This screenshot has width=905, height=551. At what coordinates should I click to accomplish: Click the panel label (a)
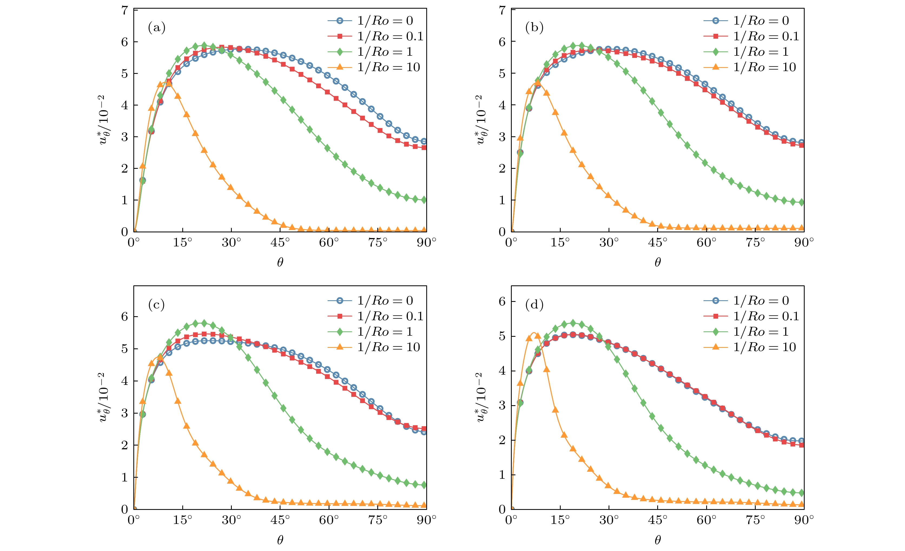click(x=156, y=28)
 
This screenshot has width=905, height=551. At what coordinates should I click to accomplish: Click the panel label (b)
click(x=534, y=28)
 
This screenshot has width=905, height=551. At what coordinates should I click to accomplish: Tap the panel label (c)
click(x=156, y=305)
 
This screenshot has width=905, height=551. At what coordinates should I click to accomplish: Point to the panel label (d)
click(x=534, y=305)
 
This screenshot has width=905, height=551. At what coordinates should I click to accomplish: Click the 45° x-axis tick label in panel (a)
click(x=280, y=243)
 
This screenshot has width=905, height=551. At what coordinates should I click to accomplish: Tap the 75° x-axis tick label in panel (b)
click(x=755, y=243)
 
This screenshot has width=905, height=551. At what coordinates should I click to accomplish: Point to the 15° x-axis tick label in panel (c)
click(x=183, y=520)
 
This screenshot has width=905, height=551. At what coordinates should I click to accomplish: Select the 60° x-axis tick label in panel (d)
click(x=706, y=520)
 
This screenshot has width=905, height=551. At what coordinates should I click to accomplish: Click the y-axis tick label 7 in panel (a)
click(x=125, y=10)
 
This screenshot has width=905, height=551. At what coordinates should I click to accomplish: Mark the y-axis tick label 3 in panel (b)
click(x=502, y=137)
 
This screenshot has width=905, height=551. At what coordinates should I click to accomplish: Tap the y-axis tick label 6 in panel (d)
click(x=502, y=302)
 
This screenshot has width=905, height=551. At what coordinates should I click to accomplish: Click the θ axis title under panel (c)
click(x=280, y=540)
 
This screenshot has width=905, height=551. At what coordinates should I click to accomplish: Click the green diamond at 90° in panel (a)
click(x=424, y=200)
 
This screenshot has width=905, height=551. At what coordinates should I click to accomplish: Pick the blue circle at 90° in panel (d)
click(x=801, y=441)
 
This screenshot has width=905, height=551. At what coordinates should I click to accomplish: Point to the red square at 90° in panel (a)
click(x=424, y=148)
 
